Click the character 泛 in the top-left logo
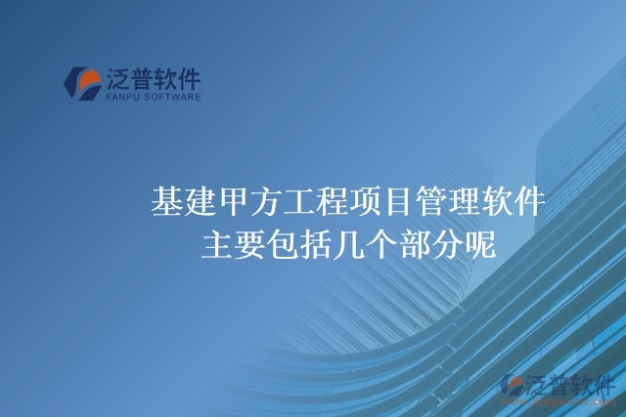[119, 77]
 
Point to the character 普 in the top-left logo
[147, 77]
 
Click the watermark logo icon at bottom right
[512, 385]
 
